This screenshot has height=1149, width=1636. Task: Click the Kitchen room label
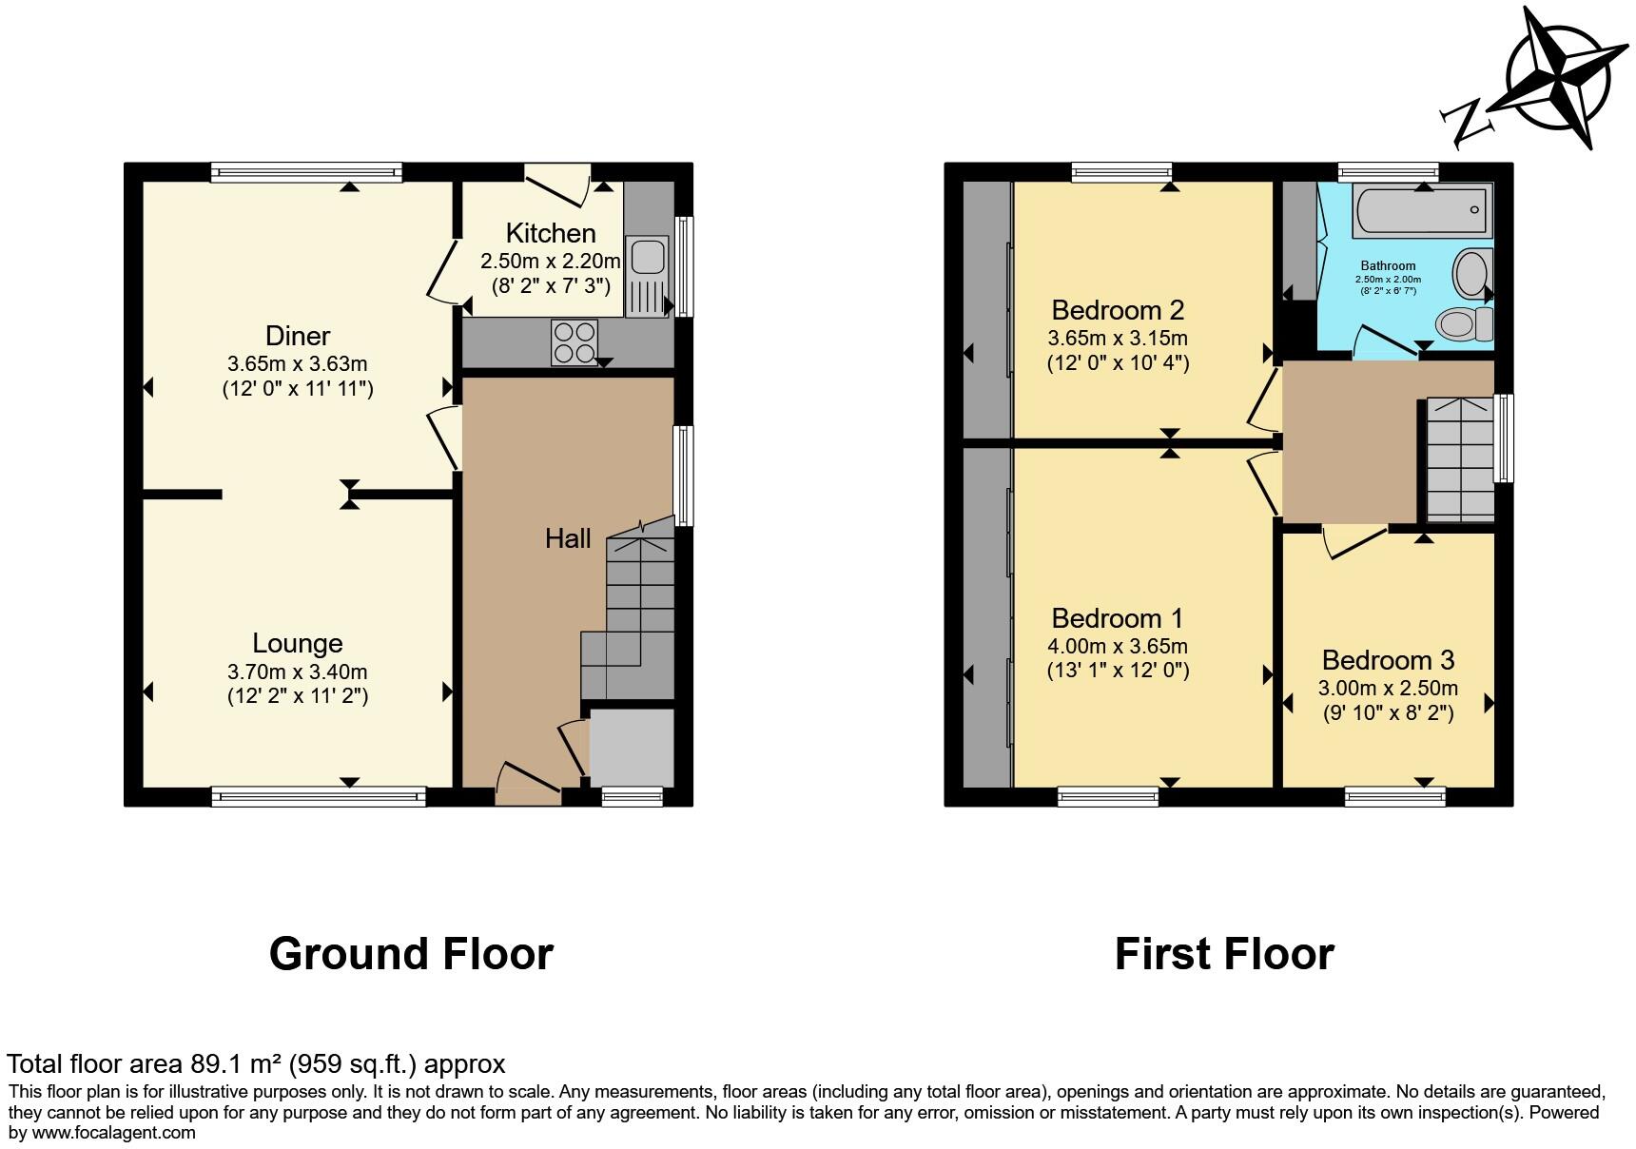[551, 233]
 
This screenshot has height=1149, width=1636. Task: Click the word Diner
[298, 336]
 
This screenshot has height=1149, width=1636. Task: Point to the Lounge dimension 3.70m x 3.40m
[298, 672]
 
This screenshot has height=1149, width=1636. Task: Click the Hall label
[568, 538]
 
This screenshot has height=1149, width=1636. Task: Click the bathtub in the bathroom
[1423, 209]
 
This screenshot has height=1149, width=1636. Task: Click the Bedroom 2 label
[1118, 310]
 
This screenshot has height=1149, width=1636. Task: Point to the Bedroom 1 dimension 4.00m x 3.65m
[1118, 647]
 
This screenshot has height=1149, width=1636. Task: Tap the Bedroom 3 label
[1388, 660]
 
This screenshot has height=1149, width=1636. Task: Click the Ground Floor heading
[411, 954]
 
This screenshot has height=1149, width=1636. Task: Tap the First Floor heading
[1224, 954]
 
